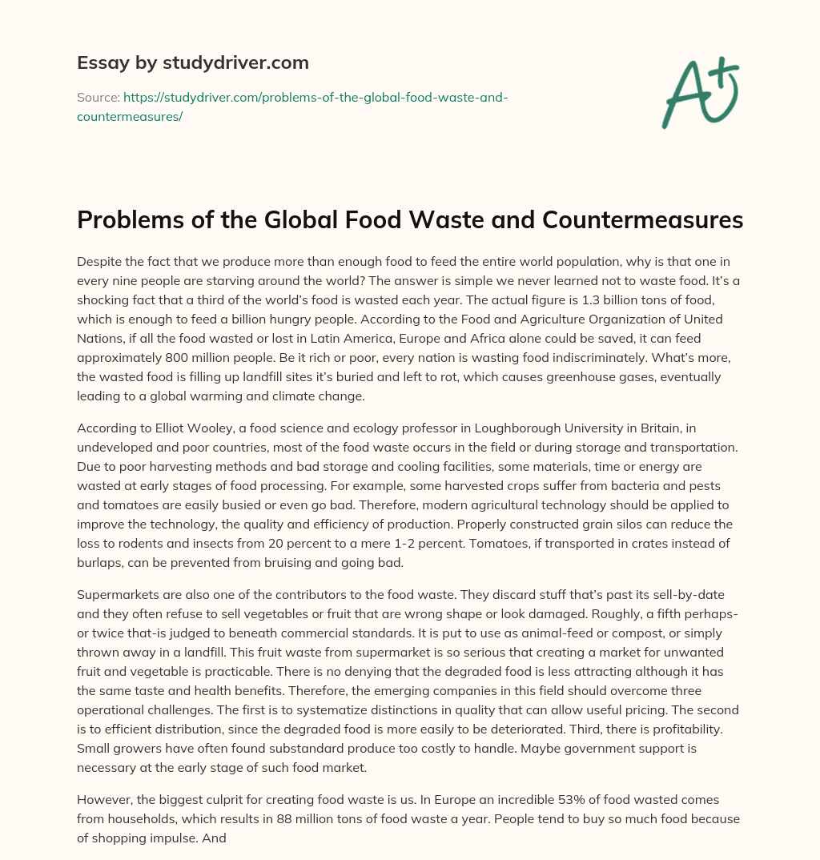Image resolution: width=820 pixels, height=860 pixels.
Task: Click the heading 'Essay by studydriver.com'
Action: click(192, 62)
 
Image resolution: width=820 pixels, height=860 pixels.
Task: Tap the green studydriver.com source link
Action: click(291, 106)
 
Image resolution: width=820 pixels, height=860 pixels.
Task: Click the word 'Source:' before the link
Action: click(98, 97)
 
